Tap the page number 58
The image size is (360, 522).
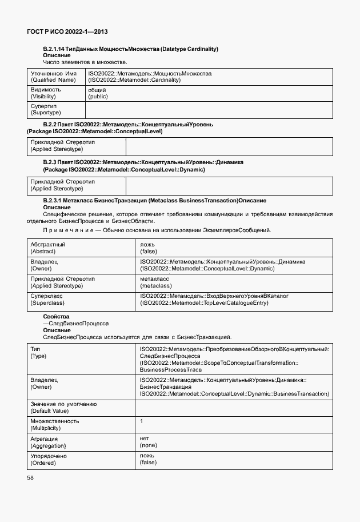30,477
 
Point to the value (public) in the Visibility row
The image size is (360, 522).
98,97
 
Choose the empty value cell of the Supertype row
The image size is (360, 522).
209,110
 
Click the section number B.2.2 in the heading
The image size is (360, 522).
51,124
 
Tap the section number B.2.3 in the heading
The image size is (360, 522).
51,162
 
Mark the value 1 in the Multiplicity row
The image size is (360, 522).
141,421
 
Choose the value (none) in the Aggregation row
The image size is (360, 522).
148,445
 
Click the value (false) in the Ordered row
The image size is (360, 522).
148,463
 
